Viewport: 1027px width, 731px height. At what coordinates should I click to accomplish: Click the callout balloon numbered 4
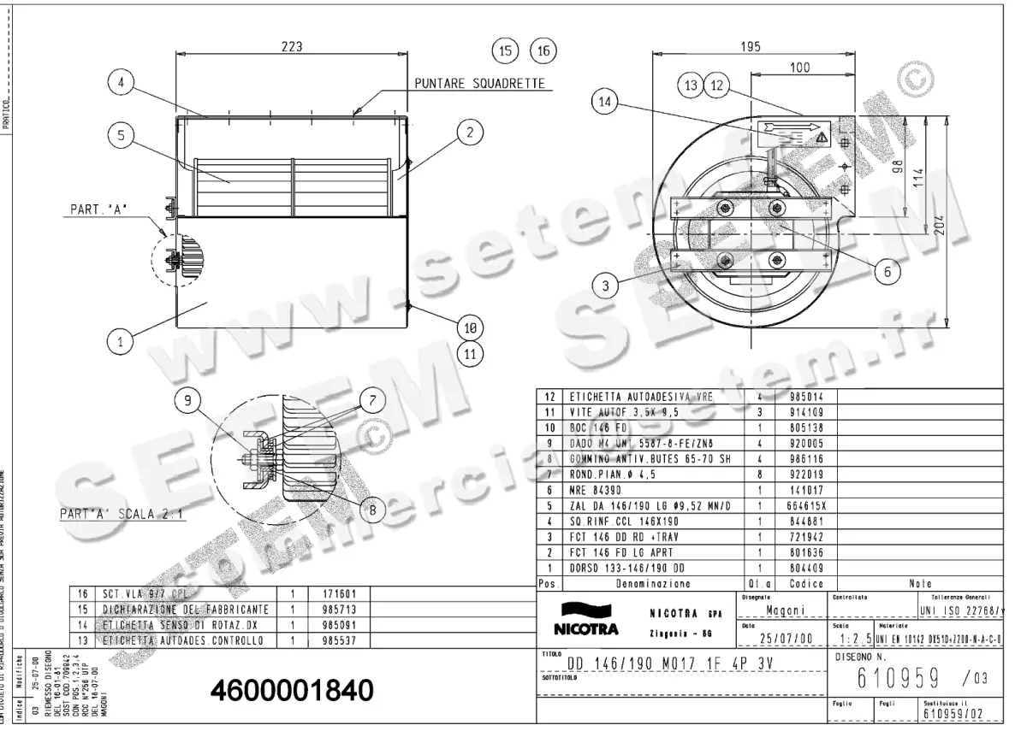click(121, 83)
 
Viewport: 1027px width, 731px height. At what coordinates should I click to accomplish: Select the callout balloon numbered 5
click(121, 134)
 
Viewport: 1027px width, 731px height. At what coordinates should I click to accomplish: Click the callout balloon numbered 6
click(887, 271)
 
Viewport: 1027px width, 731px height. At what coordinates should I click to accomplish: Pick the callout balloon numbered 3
click(605, 286)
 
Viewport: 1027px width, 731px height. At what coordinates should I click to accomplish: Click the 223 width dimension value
click(292, 49)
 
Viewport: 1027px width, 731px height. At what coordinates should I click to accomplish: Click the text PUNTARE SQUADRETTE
click(479, 84)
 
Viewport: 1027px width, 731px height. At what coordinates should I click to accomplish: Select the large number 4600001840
click(291, 690)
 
